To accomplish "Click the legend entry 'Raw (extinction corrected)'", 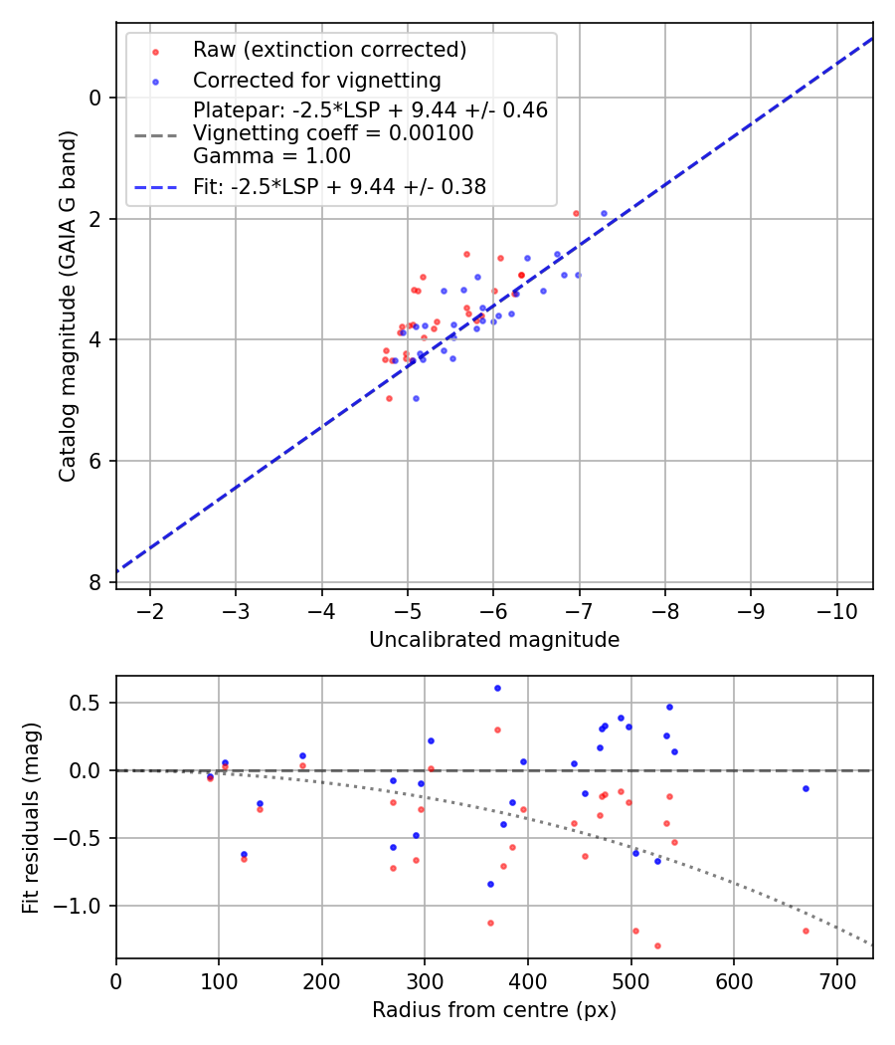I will click(x=329, y=50).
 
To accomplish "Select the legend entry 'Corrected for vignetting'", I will click(x=316, y=80).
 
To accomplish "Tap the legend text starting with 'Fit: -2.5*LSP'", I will click(x=339, y=186).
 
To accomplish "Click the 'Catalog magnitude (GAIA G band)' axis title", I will click(x=67, y=305).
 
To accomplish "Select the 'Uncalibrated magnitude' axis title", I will click(x=494, y=640).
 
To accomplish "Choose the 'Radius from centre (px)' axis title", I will click(x=494, y=1010).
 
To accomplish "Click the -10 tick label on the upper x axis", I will click(x=836, y=610).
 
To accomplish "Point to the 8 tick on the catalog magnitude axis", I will click(x=95, y=581).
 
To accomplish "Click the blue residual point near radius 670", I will click(x=805, y=788).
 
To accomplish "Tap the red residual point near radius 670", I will click(x=805, y=931).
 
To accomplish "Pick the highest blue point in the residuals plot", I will click(x=497, y=688).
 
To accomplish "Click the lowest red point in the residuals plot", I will click(x=657, y=945).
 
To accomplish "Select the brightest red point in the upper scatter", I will click(x=576, y=213).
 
